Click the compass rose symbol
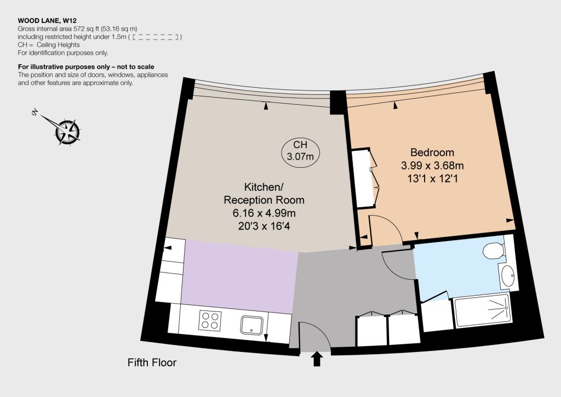coord(67,132)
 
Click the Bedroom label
coord(432,152)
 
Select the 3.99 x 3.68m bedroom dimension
coord(432,166)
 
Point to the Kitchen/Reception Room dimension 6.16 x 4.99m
coord(264,213)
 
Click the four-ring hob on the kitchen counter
coord(210,320)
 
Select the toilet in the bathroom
coord(494,251)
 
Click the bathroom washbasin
coord(508,276)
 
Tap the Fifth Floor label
coord(152,362)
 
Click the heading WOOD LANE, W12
coord(47,21)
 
